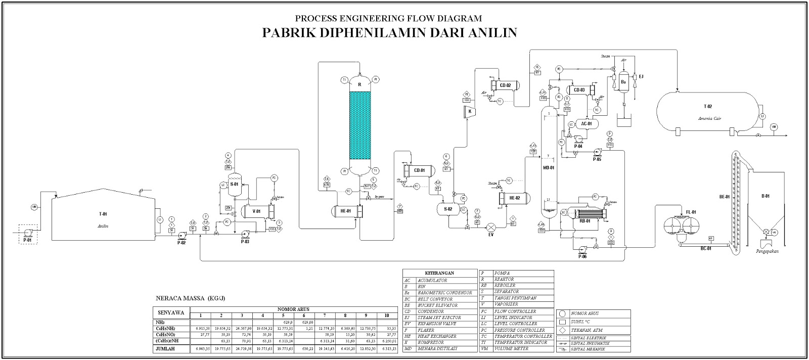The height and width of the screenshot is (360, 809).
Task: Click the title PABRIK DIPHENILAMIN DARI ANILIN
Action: [x=389, y=33]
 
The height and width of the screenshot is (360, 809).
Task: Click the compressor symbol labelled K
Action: [x=470, y=111]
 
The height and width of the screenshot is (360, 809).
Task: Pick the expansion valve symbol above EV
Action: [x=490, y=227]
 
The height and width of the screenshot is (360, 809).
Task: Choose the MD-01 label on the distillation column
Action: [x=549, y=167]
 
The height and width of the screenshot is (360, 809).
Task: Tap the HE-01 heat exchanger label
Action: [x=345, y=211]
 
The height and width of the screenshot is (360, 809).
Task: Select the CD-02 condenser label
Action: [x=505, y=85]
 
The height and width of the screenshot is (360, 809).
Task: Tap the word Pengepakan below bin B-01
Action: [x=766, y=250]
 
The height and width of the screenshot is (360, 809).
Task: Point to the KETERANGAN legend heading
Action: [x=439, y=273]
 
